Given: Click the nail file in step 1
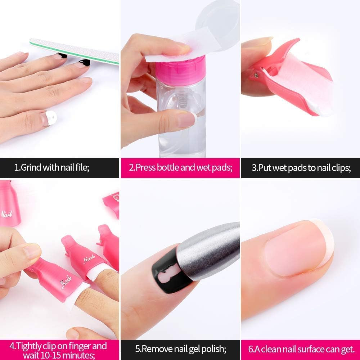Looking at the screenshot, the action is pyautogui.click(x=75, y=51).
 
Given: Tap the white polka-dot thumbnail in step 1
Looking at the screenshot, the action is pyautogui.click(x=51, y=118).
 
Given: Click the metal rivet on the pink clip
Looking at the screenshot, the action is pyautogui.click(x=256, y=75).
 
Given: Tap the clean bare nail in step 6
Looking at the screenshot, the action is pyautogui.click(x=296, y=249).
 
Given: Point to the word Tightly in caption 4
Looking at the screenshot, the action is pyautogui.click(x=30, y=346).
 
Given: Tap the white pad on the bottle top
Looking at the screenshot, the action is pyautogui.click(x=181, y=48).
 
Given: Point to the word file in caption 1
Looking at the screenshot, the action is pyautogui.click(x=82, y=167).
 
